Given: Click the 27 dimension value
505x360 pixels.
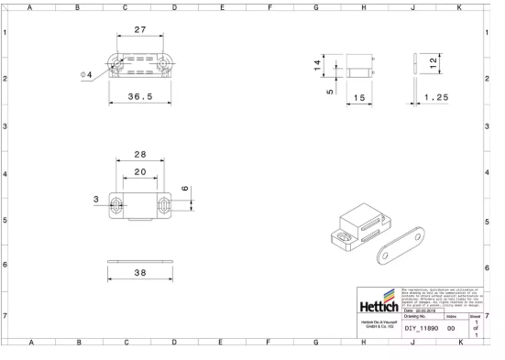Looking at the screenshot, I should coord(140,30).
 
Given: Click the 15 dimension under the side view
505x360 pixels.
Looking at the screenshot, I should coord(359,97).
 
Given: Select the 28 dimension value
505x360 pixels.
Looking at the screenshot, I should coord(140,153).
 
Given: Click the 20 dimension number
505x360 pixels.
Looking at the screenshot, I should coord(139,171).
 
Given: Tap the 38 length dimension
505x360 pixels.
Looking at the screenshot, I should coord(139,273).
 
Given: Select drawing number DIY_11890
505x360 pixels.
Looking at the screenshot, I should coord(423,327).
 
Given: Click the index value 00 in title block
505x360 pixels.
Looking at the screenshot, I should coord(451,327).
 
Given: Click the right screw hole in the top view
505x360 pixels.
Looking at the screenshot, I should coord(166,61).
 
